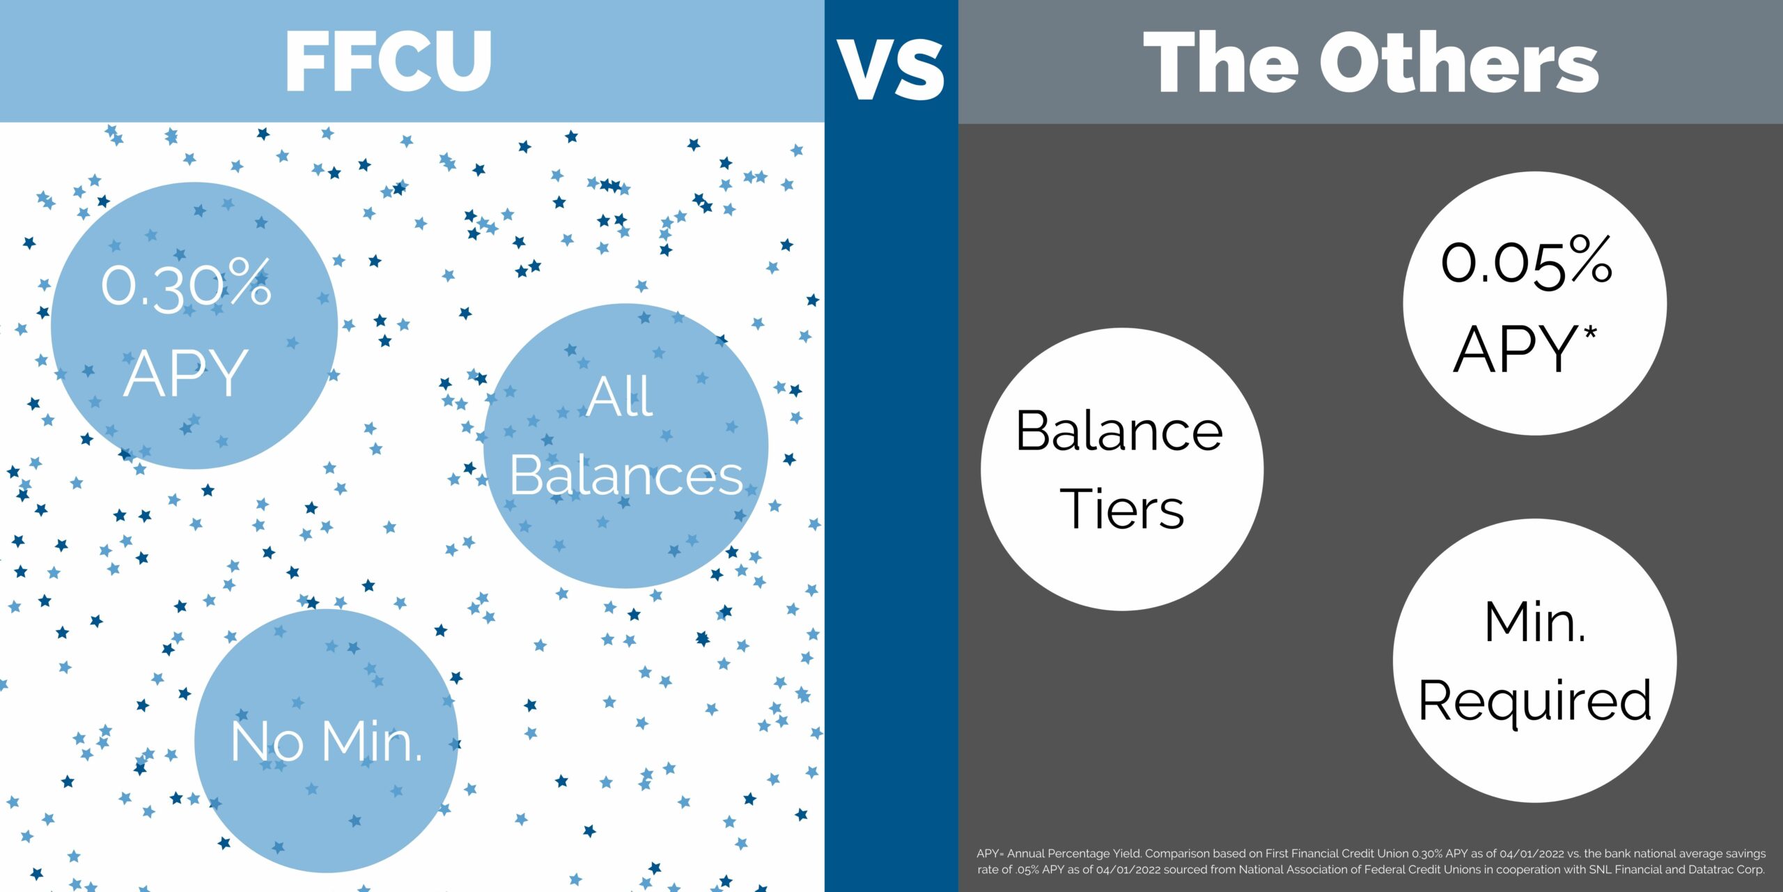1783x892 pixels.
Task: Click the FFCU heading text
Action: (389, 61)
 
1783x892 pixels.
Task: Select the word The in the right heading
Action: (1221, 62)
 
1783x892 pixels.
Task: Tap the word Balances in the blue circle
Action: (627, 476)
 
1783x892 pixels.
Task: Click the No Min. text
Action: (326, 741)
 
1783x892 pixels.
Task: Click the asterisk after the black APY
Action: (1590, 334)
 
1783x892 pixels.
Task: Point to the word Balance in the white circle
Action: (1119, 431)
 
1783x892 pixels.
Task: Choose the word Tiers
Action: (1122, 509)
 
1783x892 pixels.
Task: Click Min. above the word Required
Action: (1535, 622)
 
